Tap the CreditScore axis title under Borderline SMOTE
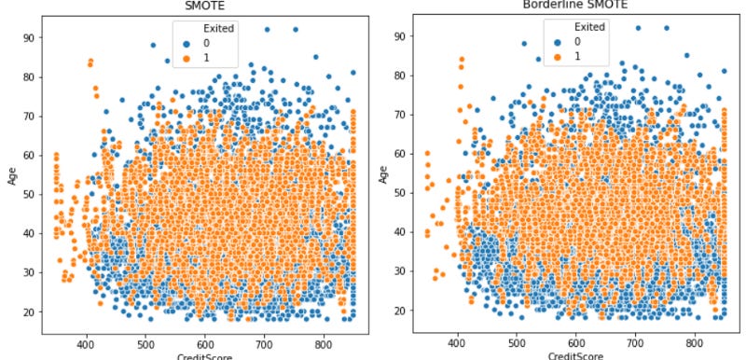[x=573, y=354]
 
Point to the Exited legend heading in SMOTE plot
[x=210, y=28]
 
